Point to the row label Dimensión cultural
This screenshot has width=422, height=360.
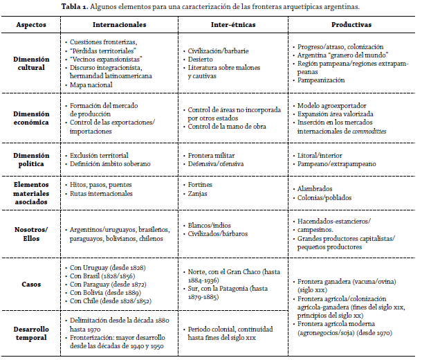click(32, 64)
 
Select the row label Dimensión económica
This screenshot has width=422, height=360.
click(32, 118)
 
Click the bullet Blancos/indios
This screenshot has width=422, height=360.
click(210, 225)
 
